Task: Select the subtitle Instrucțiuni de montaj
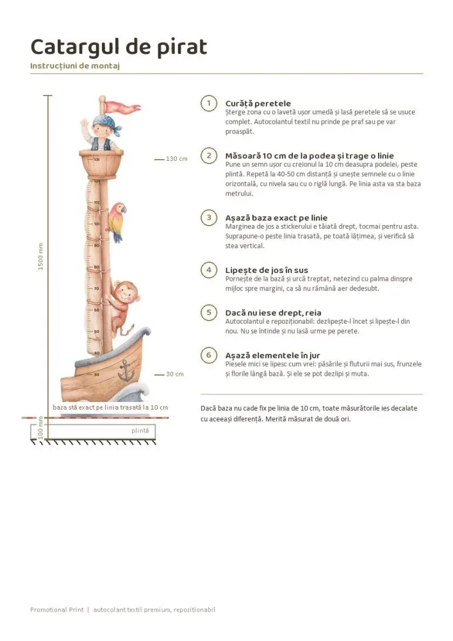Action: tap(75, 66)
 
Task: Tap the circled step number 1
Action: tap(209, 103)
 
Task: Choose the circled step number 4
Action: tap(209, 271)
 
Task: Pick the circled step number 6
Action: tap(209, 355)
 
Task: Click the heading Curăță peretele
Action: tap(258, 103)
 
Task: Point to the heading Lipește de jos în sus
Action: tap(267, 271)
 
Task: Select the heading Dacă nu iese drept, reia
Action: tap(273, 313)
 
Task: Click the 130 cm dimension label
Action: tap(176, 158)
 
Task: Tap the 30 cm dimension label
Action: tap(175, 374)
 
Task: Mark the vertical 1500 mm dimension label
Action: tap(40, 256)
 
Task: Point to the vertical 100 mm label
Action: tap(40, 428)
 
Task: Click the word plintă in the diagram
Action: tap(140, 431)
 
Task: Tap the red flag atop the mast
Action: tap(122, 107)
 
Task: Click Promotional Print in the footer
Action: tap(57, 610)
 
